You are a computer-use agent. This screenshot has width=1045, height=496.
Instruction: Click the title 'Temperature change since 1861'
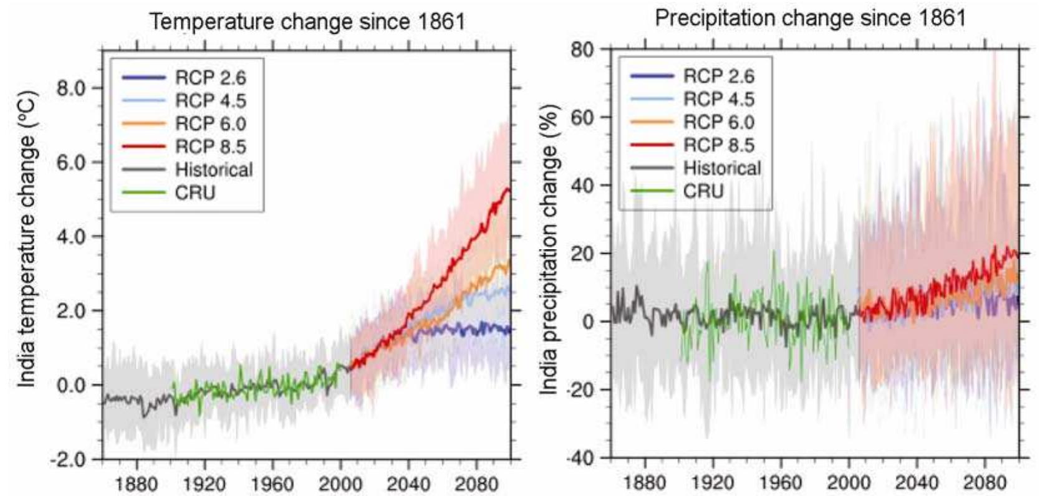click(307, 22)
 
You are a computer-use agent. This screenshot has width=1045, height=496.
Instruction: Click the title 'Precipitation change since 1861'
click(810, 18)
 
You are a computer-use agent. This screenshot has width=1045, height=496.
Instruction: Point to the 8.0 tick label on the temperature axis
click(71, 88)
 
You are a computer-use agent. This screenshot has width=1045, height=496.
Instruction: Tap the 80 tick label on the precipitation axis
click(582, 49)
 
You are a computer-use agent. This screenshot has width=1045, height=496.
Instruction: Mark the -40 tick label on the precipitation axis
click(579, 458)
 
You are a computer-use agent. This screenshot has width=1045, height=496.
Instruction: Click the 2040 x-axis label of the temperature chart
click(408, 484)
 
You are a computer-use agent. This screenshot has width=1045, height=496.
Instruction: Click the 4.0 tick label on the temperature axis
click(71, 237)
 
